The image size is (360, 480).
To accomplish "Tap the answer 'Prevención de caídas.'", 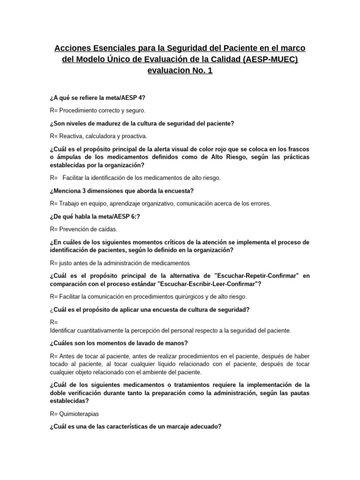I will [88, 229].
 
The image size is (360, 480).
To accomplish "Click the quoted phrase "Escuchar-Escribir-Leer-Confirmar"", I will [210, 284].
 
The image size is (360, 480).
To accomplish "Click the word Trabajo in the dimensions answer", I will [70, 203].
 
